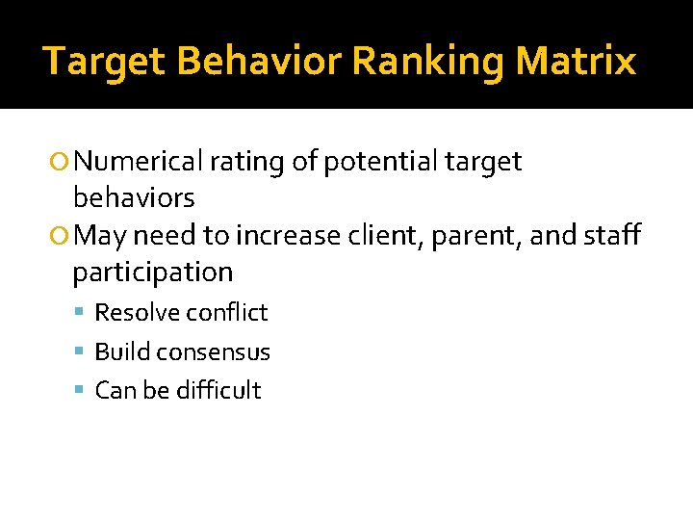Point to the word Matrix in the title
click(x=576, y=62)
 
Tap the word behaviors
click(x=134, y=198)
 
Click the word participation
click(x=153, y=273)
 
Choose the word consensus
click(x=216, y=352)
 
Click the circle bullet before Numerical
click(x=63, y=163)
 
